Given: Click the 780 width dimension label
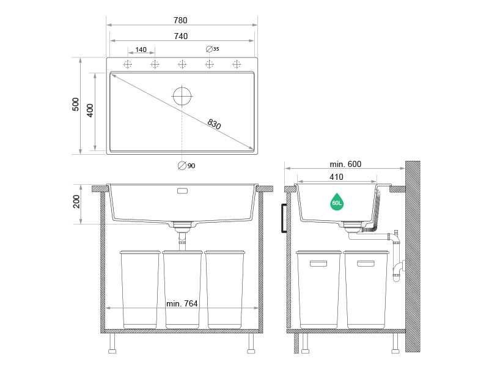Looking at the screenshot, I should [180, 20].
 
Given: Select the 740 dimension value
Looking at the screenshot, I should [180, 36].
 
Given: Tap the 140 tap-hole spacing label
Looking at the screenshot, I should [141, 50].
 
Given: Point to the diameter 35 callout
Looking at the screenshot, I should [213, 48].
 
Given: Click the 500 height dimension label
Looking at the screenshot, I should [76, 105].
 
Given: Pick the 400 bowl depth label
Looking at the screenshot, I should [90, 111].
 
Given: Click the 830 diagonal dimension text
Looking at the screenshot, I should [214, 124].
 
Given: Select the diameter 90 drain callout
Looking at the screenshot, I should [186, 166].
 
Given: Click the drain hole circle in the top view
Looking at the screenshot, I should [182, 96].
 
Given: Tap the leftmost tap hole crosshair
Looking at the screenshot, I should [128, 64].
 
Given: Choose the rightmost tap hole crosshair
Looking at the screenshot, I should [237, 64].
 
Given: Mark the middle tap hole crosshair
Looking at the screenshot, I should [182, 64].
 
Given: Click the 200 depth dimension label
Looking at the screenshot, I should [76, 201].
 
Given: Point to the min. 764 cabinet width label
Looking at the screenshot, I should [182, 303].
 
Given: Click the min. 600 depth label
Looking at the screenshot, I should [345, 164].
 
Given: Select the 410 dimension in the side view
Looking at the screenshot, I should [336, 177].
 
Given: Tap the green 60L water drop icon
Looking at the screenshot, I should [337, 201].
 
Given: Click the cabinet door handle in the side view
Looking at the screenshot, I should [284, 218].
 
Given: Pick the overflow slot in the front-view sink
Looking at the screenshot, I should [182, 191].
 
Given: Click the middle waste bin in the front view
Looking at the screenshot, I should [182, 287].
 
